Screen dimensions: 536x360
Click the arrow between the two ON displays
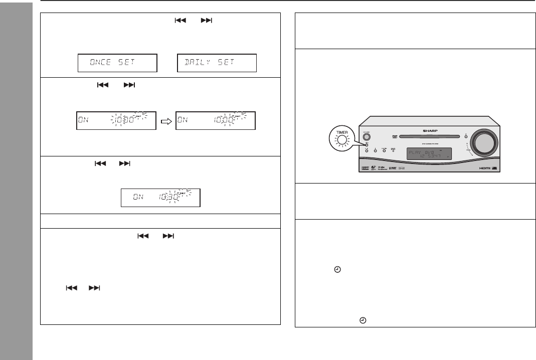[166, 120]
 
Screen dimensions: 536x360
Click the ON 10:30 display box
[160, 198]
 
